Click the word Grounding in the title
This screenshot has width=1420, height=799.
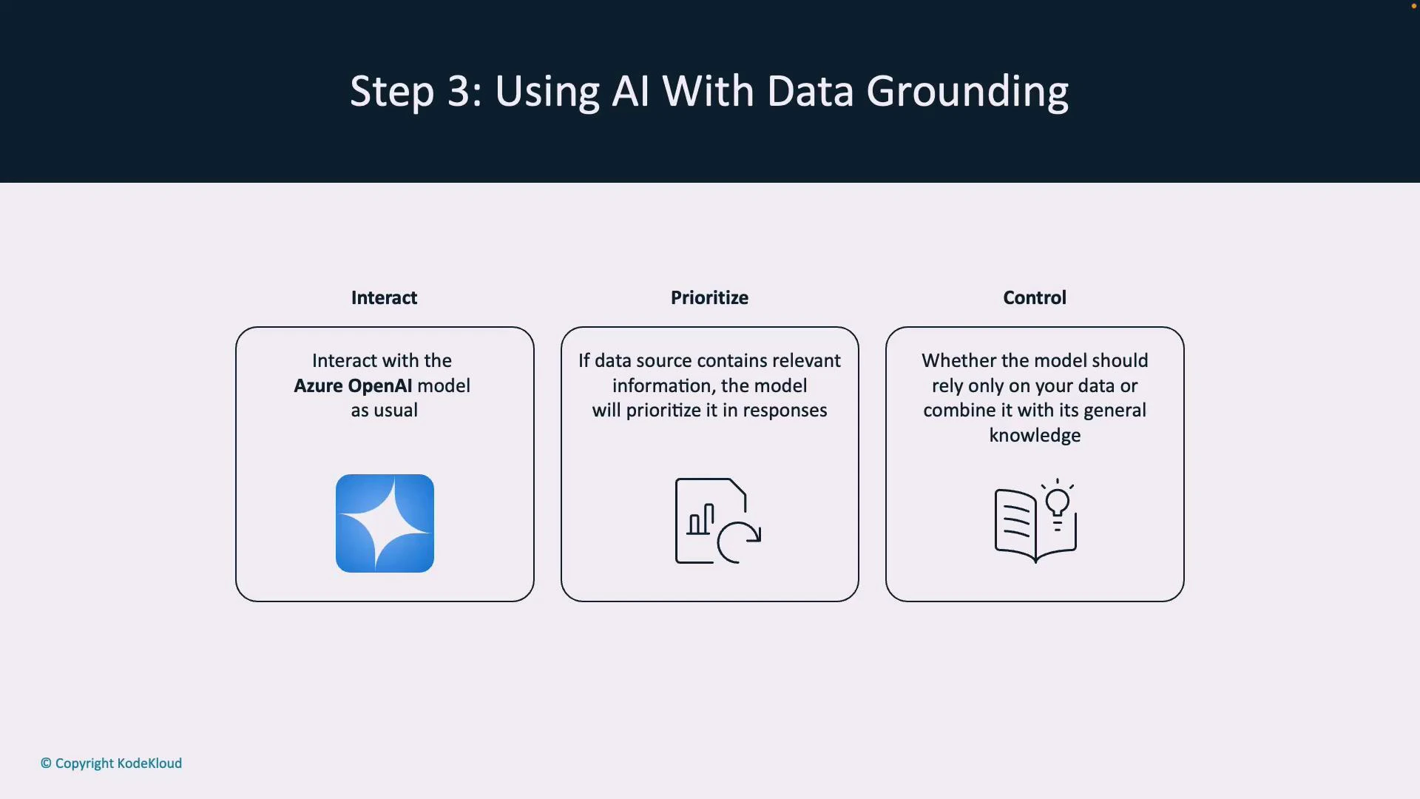coord(967,92)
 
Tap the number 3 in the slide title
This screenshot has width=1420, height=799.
coord(459,92)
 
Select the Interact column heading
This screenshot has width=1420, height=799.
coord(384,297)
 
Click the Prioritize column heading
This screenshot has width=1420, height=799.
coord(709,297)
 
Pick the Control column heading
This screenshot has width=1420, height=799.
coord(1034,297)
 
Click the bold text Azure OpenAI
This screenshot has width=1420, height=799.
coord(353,385)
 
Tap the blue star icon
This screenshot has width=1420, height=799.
coord(385,523)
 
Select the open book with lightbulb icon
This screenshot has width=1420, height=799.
coord(1035,522)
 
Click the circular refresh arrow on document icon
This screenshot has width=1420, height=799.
coord(739,542)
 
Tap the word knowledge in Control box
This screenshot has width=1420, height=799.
coord(1035,435)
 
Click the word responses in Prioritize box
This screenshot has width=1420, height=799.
coord(785,411)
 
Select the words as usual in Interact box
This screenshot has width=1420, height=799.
coord(384,411)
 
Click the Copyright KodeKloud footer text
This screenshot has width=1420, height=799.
coord(112,763)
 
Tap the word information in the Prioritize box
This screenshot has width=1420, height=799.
coord(661,385)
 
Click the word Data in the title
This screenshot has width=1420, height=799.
coord(811,92)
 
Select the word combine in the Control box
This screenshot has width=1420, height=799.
coord(959,411)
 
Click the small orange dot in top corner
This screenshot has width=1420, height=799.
coord(1413,6)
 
